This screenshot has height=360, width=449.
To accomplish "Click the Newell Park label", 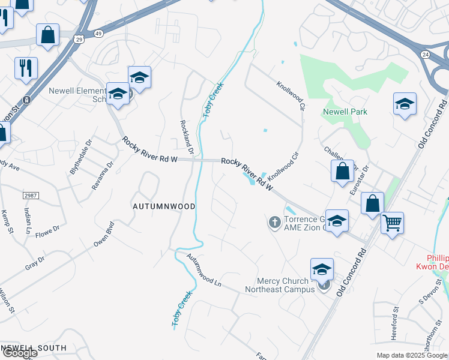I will (345, 112).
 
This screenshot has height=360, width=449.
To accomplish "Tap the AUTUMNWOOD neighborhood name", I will (164, 206).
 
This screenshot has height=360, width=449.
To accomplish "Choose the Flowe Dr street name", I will (48, 230).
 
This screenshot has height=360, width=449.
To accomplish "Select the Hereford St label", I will (396, 318).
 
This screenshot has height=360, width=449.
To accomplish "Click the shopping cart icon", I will (392, 224).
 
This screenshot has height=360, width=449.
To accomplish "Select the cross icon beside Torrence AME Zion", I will (275, 223).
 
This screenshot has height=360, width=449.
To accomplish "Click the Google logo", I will (19, 352).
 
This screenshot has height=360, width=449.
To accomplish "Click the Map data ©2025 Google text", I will (411, 355).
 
